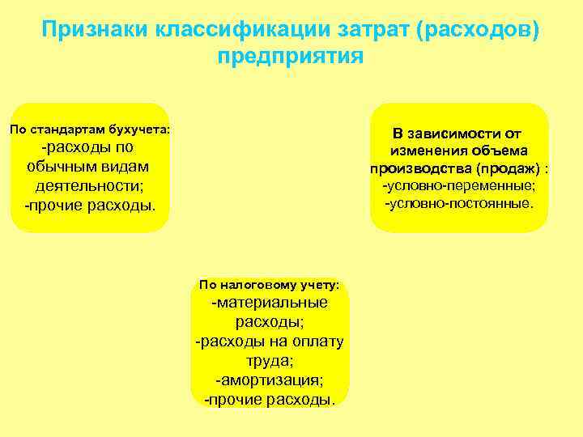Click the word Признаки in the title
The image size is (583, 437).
pyautogui.click(x=91, y=31)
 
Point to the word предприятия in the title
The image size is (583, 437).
pyautogui.click(x=291, y=57)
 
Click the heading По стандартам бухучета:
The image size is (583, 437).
pyautogui.click(x=89, y=129)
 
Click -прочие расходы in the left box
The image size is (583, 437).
pyautogui.click(x=90, y=205)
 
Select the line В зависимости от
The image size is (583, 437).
pyautogui.click(x=457, y=134)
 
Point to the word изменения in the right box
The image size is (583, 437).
pyautogui.click(x=425, y=151)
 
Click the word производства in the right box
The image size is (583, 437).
pyautogui.click(x=419, y=169)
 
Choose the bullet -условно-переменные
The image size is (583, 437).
pyautogui.click(x=459, y=186)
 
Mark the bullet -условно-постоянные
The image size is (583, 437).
pyautogui.click(x=459, y=202)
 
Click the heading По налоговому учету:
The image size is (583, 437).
pyautogui.click(x=269, y=284)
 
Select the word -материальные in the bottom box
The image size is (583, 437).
pyautogui.click(x=270, y=303)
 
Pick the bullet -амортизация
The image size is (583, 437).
pyautogui.click(x=270, y=380)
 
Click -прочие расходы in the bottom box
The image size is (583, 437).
pyautogui.click(x=270, y=399)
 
